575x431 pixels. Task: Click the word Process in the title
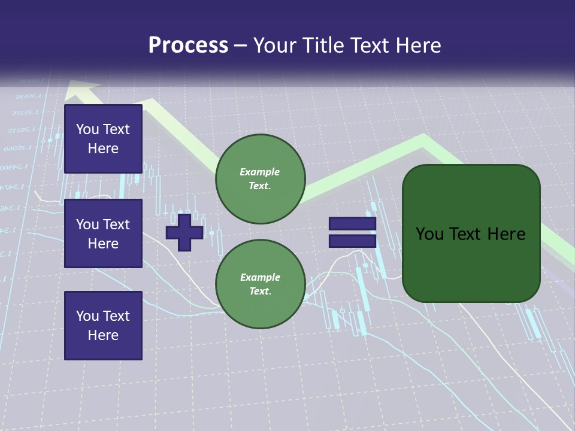[188, 45]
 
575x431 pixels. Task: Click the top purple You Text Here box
[103, 139]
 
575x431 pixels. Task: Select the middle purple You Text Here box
[103, 233]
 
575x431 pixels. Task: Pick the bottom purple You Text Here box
[103, 325]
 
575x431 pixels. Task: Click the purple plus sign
[184, 232]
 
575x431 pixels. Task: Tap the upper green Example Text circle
[260, 178]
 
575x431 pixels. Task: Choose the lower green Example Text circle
[260, 284]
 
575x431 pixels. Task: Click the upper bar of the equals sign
[352, 224]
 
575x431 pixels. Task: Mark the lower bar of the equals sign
[352, 241]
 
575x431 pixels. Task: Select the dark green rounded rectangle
[471, 233]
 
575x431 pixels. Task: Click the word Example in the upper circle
[260, 172]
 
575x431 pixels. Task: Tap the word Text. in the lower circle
[260, 292]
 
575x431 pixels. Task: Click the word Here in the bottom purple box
[103, 335]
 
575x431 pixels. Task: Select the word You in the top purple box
[87, 129]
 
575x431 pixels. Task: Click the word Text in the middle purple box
[116, 224]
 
